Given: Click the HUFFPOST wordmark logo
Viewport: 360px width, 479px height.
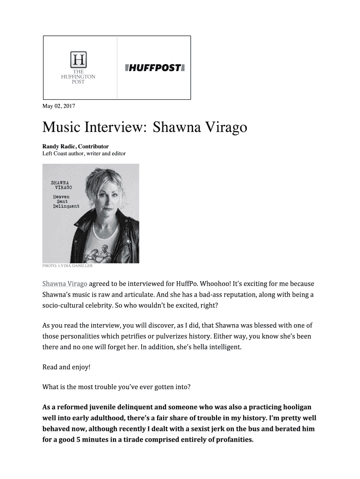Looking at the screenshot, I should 155,68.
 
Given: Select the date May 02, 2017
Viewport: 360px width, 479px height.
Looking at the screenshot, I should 58,106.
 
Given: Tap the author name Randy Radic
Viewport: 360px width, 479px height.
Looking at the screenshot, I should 59,146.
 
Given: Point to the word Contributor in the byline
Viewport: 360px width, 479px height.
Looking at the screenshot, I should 94,146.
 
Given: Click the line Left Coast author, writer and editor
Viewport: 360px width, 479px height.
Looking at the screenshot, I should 84,153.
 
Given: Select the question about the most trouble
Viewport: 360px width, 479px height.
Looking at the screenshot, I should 116,387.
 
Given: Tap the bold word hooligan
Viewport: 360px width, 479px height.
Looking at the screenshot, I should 295,407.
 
